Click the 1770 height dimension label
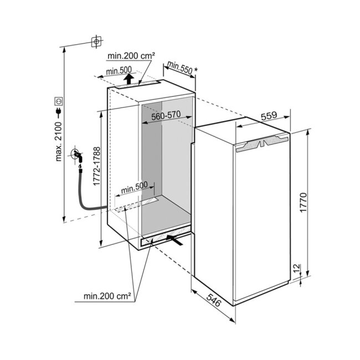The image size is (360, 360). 304,203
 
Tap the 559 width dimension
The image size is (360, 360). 269,116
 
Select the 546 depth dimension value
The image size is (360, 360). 214,300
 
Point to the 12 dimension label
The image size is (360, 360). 297,268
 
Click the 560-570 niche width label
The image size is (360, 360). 166,115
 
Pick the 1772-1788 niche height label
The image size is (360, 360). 97,166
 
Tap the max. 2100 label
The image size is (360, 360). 58,142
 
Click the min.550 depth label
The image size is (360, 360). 180,68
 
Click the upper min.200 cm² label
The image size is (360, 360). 131,55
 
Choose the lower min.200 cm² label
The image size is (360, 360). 107,296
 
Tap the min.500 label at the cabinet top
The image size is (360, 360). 119,71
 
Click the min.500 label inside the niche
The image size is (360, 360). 135,188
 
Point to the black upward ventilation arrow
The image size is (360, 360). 129,79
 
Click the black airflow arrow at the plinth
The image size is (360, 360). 174,240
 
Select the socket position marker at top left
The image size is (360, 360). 96,42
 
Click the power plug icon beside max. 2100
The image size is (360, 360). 59,112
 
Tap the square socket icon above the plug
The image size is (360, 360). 59,101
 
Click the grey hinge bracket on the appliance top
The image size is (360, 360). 262,143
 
